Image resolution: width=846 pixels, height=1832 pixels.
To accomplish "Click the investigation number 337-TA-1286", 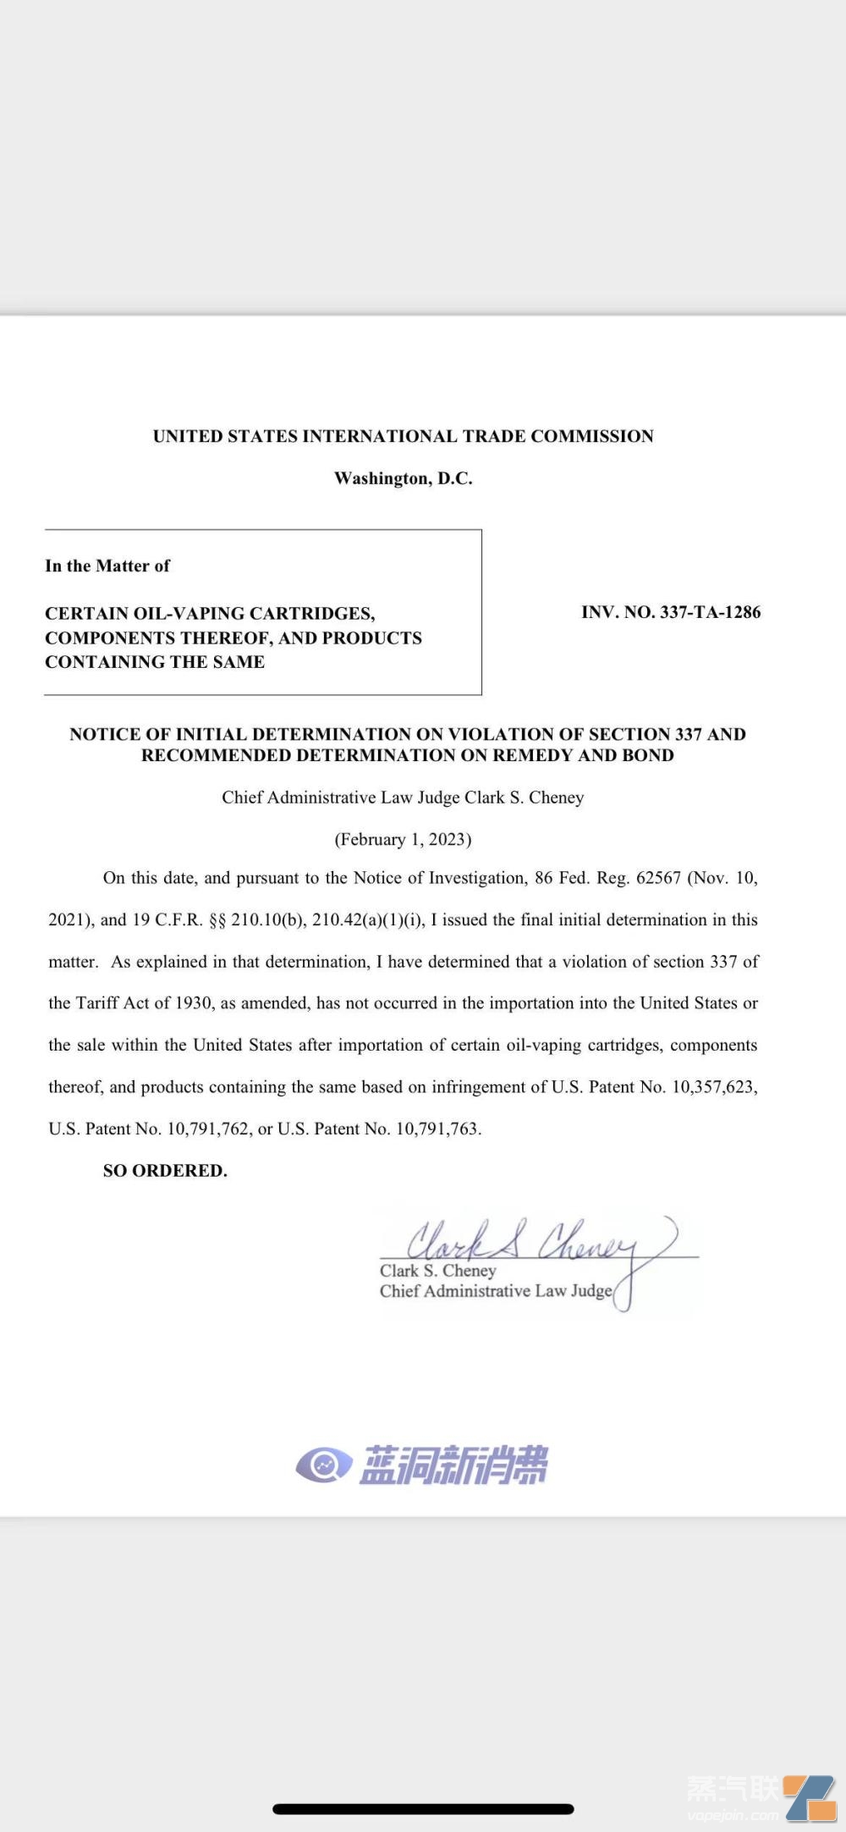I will [x=710, y=612].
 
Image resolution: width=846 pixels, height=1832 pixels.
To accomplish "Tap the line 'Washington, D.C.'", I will [x=404, y=478].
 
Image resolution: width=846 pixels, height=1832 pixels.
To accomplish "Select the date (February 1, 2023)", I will [x=403, y=839].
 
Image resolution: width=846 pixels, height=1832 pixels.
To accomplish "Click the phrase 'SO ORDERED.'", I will [x=165, y=1171].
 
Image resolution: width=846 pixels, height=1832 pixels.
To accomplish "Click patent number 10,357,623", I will [x=713, y=1087].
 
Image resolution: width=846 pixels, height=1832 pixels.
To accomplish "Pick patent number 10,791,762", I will [x=208, y=1128].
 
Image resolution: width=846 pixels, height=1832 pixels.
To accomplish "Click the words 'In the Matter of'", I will [x=107, y=566].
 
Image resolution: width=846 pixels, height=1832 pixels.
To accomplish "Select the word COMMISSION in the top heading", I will [x=592, y=436].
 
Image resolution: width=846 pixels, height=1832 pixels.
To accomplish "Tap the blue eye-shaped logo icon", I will [x=323, y=1465].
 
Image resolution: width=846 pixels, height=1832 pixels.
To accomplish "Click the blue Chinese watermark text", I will [x=453, y=1465].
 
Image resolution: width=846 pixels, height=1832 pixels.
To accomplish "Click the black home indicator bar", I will [x=423, y=1809].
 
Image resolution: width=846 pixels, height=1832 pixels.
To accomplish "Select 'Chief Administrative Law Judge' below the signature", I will [x=496, y=1291].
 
